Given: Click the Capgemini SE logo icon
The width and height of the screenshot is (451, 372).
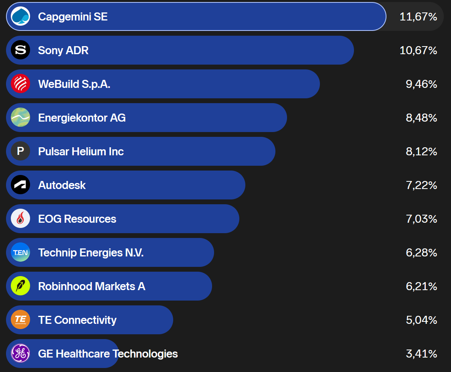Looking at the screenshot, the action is [20, 16].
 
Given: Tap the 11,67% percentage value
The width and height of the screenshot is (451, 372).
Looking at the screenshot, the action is [418, 17].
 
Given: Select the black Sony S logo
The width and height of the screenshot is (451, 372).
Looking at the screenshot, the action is [20, 50].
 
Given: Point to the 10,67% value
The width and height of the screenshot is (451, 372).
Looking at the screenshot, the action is [418, 51].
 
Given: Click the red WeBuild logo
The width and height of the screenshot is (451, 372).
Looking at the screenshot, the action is [20, 84].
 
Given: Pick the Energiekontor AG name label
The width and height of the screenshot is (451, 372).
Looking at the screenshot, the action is [82, 118].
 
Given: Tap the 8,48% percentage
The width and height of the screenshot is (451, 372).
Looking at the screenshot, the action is [421, 118].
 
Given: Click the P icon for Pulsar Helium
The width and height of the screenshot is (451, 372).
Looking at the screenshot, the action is [20, 151].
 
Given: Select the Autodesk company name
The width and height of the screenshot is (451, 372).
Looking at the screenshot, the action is [62, 185].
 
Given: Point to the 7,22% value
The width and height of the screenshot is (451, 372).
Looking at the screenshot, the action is [421, 185].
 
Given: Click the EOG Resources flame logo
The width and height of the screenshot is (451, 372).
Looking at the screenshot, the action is [20, 219].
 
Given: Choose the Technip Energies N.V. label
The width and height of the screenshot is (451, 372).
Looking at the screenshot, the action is [91, 252].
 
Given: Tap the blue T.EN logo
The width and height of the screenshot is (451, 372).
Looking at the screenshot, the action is [20, 252].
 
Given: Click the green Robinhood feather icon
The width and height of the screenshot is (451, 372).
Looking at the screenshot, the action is [20, 286].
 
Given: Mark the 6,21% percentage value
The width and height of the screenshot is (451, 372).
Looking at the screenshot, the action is [421, 286].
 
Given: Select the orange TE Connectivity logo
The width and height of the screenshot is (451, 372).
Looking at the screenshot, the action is [20, 319].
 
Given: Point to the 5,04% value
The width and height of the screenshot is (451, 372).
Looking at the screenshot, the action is [421, 320].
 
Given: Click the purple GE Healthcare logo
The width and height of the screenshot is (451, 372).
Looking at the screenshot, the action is [20, 353].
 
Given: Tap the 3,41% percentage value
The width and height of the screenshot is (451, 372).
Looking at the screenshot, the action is [421, 354].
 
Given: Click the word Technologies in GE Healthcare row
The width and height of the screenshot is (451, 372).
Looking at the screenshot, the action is [145, 354].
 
